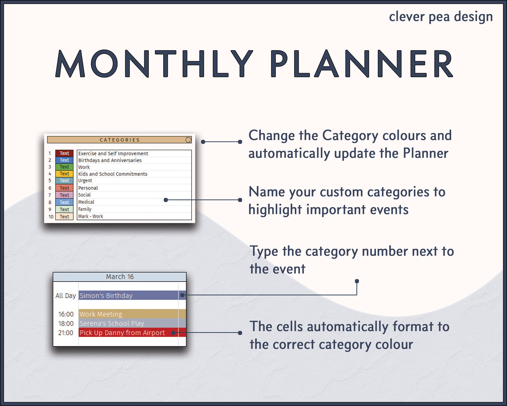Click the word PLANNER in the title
[361, 64]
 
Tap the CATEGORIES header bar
[119, 140]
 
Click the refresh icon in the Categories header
[188, 140]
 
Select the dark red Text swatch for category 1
[64, 153]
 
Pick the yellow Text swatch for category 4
[64, 174]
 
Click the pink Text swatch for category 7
[64, 195]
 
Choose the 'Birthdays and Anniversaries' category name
[110, 160]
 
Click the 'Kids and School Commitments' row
[113, 174]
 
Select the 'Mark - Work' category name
[90, 216]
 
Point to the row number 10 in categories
[51, 217]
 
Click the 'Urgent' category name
[85, 181]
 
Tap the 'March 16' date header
[120, 277]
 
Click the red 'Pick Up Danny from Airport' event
[122, 333]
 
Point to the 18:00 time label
[66, 324]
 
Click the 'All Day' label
[65, 296]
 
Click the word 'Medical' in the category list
[86, 202]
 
